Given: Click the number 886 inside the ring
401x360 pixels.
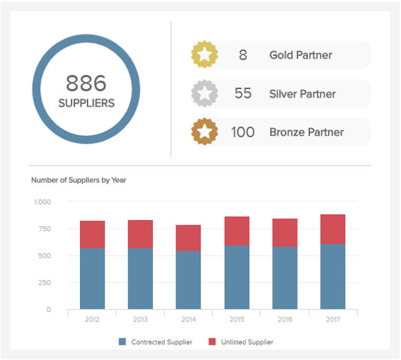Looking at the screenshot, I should coord(86,83).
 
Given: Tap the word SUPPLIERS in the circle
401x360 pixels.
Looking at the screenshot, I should coord(86,104).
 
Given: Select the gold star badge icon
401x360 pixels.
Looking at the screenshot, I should coord(204,54).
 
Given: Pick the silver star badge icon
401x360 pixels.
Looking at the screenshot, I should coord(204,93).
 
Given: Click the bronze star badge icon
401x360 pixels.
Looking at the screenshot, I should coord(204,132).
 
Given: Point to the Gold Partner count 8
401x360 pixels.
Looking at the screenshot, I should coord(243,54).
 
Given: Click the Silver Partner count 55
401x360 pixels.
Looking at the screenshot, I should coord(243,93).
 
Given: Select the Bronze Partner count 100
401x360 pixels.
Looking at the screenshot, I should coord(243,132).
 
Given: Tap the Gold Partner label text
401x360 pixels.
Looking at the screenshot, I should coord(300,54).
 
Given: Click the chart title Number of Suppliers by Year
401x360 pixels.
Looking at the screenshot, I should coord(79,180).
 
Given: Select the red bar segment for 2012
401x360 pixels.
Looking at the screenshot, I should coord(92,234).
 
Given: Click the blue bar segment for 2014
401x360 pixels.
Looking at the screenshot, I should coord(189,279).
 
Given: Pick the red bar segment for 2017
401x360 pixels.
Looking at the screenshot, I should coord(333,229).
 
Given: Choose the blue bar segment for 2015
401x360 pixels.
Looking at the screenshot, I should coord(237,277).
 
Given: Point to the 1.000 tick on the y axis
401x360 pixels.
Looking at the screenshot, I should coord(42,202).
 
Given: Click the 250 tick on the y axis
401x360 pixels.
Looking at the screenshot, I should coord(44,283).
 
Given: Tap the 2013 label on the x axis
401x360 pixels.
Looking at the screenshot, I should coord(140,320).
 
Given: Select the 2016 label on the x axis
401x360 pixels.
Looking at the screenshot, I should coord(285,320).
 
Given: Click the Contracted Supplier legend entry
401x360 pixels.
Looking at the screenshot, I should coord(156,342).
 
